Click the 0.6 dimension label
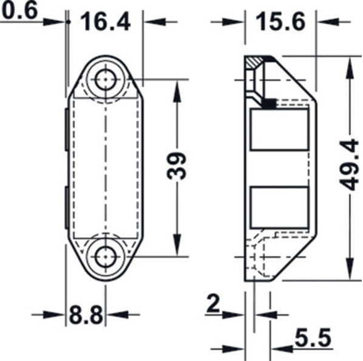point(19,10)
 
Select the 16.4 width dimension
point(106,21)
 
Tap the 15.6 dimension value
point(280,21)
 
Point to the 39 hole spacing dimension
point(177,166)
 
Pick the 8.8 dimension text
point(86,315)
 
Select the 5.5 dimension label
point(313,338)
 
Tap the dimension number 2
point(213,303)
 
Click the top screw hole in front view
point(106,80)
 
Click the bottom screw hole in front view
point(106,257)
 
